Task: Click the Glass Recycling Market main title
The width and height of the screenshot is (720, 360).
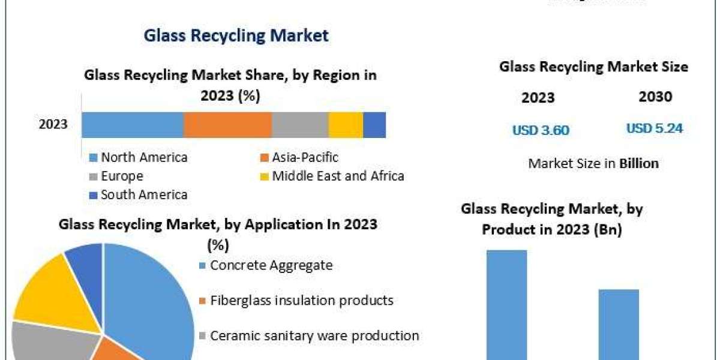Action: click(236, 35)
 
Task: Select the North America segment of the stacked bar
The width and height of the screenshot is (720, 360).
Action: click(132, 125)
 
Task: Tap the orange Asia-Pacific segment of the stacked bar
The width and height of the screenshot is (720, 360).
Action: click(227, 125)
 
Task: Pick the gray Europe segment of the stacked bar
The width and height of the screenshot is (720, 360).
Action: click(300, 125)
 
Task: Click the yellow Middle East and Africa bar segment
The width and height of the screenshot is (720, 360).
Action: click(346, 125)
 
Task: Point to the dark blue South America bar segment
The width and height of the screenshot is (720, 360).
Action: click(374, 125)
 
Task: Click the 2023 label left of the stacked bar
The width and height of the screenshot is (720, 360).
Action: click(53, 125)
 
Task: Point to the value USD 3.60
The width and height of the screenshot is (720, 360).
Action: click(541, 130)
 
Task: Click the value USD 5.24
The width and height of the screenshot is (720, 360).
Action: click(655, 128)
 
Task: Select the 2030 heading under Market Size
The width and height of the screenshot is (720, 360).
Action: click(655, 97)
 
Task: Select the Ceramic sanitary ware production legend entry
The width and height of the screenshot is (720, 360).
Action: click(308, 335)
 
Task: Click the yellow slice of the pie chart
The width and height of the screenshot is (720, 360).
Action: click(51, 294)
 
